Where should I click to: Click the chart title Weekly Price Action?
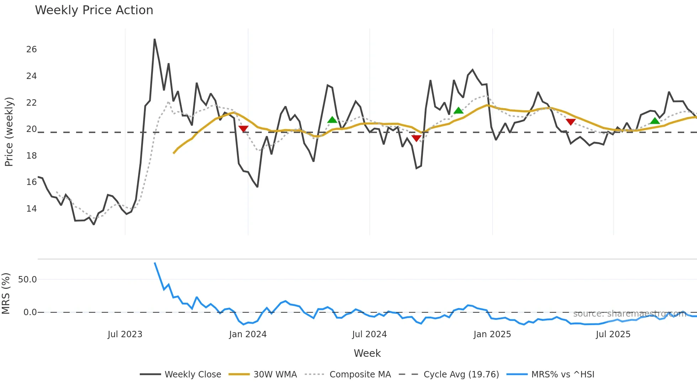[94, 10]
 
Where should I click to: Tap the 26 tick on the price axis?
[31, 49]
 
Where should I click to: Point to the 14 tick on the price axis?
[31, 208]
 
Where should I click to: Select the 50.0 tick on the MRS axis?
[27, 280]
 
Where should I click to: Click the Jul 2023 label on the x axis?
[125, 334]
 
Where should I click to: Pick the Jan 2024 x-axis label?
[248, 334]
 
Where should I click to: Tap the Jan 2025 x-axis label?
[492, 334]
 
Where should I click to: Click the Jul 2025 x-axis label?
[613, 334]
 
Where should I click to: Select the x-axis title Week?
[367, 353]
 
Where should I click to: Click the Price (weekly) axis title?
[9, 132]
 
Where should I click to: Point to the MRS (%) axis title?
[6, 293]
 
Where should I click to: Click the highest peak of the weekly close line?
[155, 39]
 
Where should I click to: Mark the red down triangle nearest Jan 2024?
[243, 129]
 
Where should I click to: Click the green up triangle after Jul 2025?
[655, 121]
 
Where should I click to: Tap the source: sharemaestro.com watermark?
[629, 314]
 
